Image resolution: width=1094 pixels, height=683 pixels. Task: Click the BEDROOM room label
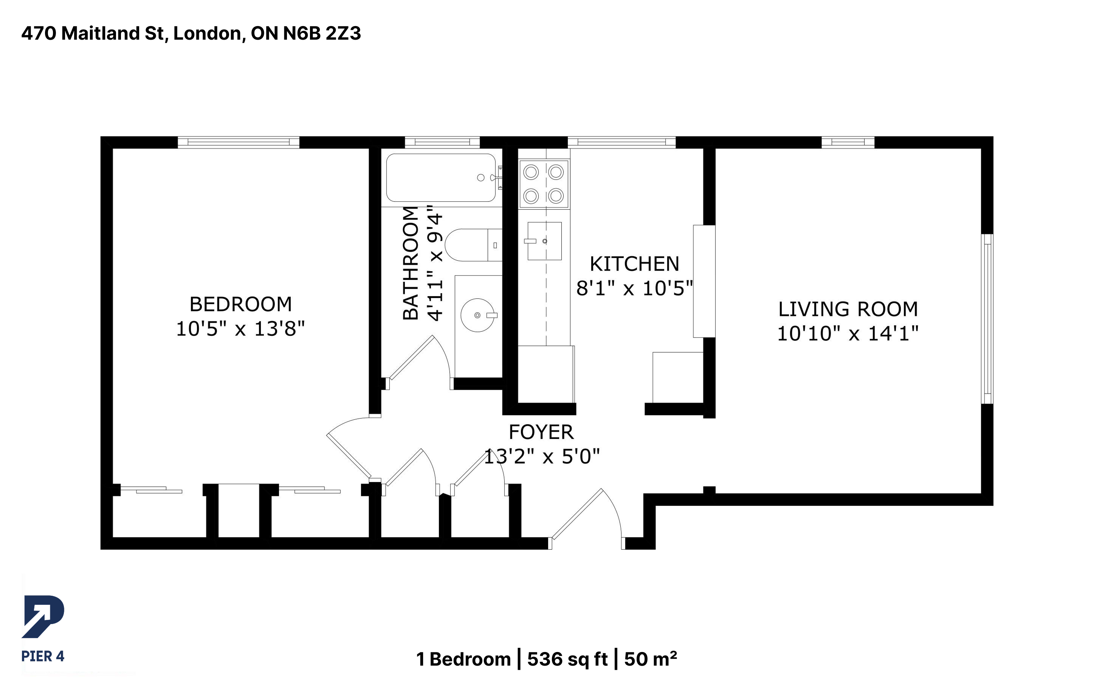240,304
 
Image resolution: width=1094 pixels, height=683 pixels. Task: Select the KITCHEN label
634,264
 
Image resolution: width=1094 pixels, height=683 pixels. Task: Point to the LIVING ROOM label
848,309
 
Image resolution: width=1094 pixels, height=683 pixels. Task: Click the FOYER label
541,432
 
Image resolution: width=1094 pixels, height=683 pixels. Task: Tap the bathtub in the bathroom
441,178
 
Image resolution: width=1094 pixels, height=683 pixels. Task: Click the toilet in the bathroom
474,245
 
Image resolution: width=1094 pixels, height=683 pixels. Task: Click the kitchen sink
544,241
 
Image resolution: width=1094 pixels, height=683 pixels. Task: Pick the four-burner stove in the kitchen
544,184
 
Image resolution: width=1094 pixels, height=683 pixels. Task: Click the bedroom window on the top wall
238,142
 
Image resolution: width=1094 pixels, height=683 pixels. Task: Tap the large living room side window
987,318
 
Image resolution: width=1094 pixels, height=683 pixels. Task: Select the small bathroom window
442,142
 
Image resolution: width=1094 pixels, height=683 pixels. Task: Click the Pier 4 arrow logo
43,617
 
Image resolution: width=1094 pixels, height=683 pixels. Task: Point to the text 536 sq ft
567,659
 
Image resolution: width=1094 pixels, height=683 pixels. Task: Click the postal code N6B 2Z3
322,33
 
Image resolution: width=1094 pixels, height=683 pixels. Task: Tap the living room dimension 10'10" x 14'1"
848,333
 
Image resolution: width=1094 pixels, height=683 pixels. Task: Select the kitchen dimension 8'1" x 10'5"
634,288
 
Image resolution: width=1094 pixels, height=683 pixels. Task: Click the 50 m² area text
651,659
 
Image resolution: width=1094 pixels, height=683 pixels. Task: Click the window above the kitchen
621,142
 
